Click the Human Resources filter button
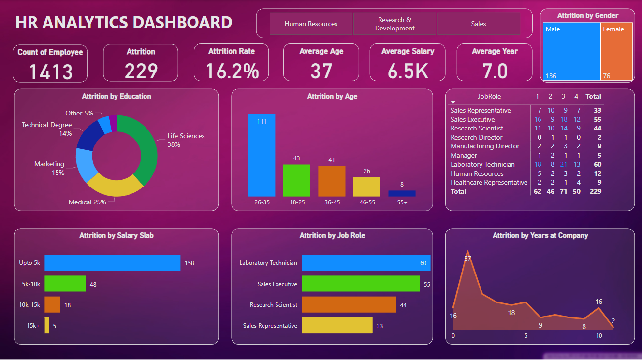pos(311,24)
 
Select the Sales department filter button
pos(478,24)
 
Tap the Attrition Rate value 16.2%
pos(232,71)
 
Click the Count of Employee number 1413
pos(51,72)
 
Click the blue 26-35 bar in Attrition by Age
pos(262,155)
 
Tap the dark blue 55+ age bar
pos(402,193)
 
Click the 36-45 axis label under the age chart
pos(332,202)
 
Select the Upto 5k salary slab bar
pos(112,263)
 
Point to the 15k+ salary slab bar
pos(47,326)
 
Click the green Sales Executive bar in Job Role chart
pos(361,284)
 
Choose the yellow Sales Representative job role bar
pos(337,326)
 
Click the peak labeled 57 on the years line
pos(467,252)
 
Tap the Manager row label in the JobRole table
pos(464,155)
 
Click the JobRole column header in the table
pos(490,96)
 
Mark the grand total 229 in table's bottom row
pos(595,191)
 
